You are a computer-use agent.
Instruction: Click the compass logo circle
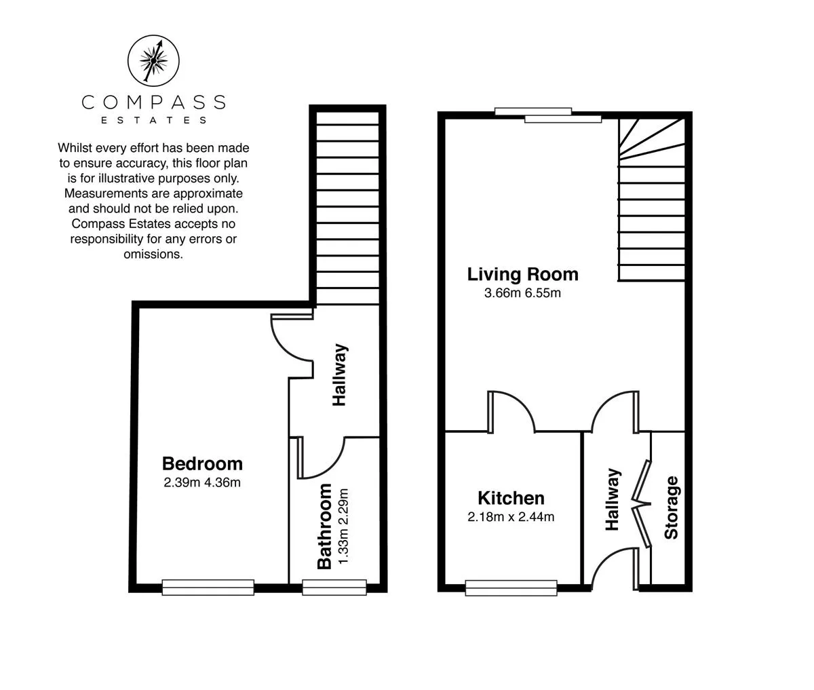(x=153, y=35)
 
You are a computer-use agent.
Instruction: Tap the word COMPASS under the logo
(x=153, y=102)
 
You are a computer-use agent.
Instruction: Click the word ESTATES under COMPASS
(x=153, y=120)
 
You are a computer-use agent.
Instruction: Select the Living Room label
(x=522, y=274)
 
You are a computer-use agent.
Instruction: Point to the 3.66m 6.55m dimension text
(x=522, y=293)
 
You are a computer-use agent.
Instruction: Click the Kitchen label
(x=511, y=498)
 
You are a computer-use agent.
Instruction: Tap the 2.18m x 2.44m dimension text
(x=511, y=517)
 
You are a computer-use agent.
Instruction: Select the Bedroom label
(x=202, y=463)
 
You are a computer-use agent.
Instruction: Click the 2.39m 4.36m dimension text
(x=202, y=482)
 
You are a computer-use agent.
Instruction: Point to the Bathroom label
(x=324, y=526)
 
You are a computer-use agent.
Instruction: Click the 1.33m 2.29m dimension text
(x=343, y=526)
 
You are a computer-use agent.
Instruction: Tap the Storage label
(x=671, y=507)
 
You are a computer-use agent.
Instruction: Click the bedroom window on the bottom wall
(x=208, y=587)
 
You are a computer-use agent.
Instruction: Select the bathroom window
(x=334, y=587)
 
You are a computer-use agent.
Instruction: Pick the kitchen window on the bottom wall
(x=511, y=588)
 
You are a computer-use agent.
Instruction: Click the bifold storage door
(x=642, y=503)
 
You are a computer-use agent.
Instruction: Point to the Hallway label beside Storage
(x=613, y=499)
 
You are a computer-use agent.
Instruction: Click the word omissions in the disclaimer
(x=153, y=254)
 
